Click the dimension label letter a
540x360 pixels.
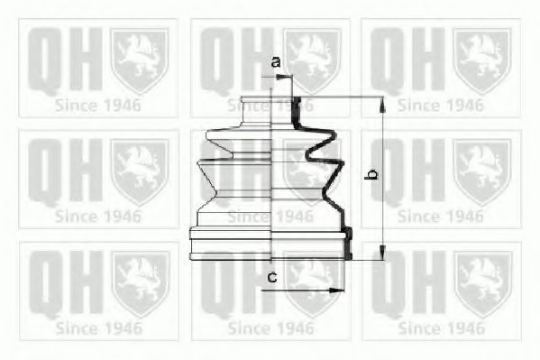(x=277, y=61)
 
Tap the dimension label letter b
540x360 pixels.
(x=369, y=175)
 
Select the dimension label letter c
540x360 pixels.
(x=272, y=276)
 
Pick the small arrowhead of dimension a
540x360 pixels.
(x=288, y=78)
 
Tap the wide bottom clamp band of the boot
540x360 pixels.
(x=270, y=245)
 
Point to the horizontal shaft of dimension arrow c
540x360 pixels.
(x=307, y=291)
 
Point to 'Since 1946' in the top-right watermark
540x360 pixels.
(x=441, y=105)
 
